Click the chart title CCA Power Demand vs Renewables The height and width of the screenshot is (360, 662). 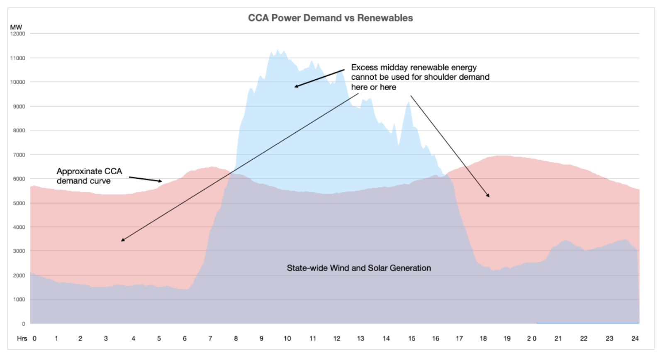pos(330,18)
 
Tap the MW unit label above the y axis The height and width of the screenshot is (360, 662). pos(16,27)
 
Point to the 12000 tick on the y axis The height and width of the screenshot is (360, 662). pos(18,34)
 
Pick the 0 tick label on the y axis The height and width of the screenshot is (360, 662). pos(24,324)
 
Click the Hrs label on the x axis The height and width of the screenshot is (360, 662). pos(22,338)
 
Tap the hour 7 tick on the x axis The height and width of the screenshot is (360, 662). pos(210,338)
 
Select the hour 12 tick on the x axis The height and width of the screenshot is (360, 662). pos(336,338)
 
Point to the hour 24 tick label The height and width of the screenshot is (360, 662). pos(635,338)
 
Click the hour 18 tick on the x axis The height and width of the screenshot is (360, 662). pos(483,338)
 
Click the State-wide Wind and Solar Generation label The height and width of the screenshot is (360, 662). pos(359,268)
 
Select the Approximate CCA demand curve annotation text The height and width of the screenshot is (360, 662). pos(89,176)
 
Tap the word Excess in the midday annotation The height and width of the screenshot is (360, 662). pos(364,67)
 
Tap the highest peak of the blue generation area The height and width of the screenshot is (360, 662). pos(277,50)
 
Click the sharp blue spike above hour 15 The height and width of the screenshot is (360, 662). pos(409,102)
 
